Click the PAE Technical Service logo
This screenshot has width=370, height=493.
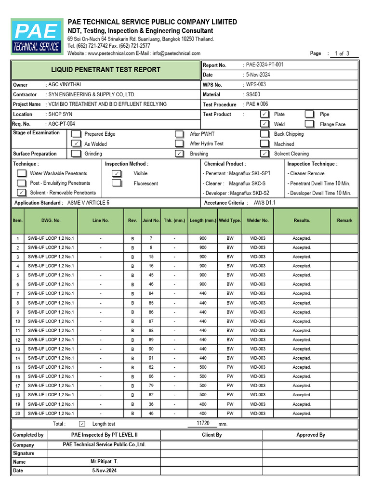(37, 37)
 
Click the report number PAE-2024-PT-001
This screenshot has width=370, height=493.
(264, 65)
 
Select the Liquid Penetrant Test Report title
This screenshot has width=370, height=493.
(106, 70)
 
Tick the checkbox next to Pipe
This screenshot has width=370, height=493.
(310, 114)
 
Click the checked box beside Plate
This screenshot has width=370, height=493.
(264, 114)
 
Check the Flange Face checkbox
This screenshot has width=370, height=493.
(310, 124)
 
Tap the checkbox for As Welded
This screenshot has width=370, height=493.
(76, 143)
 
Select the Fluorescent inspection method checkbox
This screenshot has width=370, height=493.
(117, 183)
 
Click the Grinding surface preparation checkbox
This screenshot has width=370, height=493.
(76, 154)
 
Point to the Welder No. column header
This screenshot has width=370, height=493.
(257, 221)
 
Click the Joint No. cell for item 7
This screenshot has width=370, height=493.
(151, 294)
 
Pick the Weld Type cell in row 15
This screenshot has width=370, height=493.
(230, 367)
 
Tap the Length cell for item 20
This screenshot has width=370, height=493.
(203, 414)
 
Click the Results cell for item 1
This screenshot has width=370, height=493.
(302, 238)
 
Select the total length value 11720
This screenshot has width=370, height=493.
(203, 423)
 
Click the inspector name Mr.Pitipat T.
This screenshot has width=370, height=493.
(104, 461)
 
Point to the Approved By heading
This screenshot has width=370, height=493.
(310, 435)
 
